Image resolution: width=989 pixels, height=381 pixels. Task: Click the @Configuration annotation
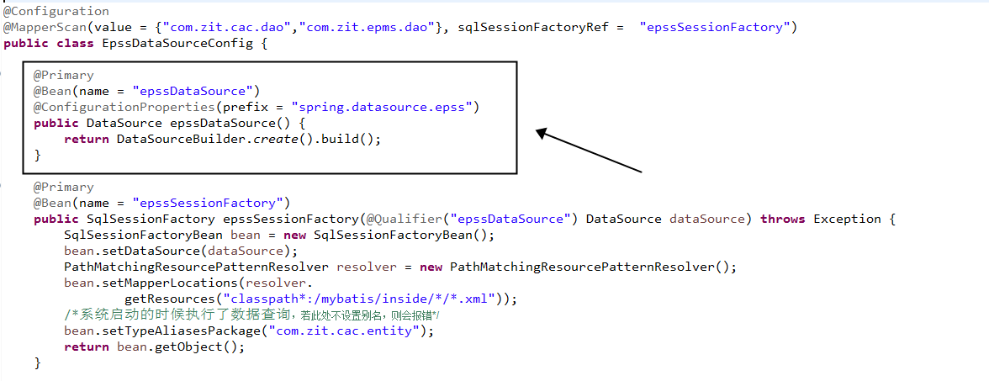pyautogui.click(x=56, y=11)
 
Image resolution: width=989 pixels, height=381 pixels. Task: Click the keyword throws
pyautogui.click(x=782, y=219)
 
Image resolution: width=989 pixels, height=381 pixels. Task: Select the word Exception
pyautogui.click(x=848, y=219)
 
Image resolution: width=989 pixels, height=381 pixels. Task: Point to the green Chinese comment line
pyautogui.click(x=252, y=315)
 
